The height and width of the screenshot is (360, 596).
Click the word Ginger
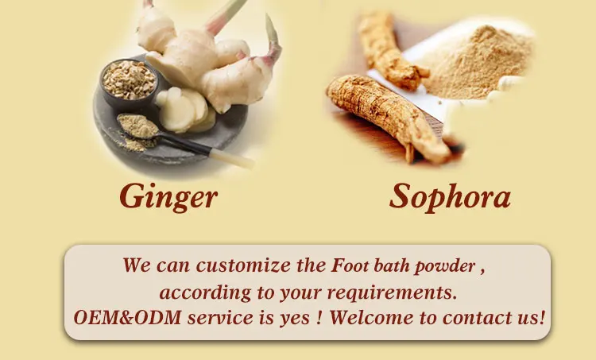pyautogui.click(x=168, y=196)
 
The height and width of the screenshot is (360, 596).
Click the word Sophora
pyautogui.click(x=450, y=196)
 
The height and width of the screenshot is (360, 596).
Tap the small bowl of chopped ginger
pyautogui.click(x=129, y=83)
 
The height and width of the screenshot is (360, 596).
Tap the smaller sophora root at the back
pyautogui.click(x=389, y=49)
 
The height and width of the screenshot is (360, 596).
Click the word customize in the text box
pyautogui.click(x=243, y=265)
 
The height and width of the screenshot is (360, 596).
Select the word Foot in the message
pyautogui.click(x=350, y=265)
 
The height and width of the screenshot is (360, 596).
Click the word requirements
pyautogui.click(x=392, y=292)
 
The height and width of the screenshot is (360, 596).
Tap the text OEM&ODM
pyautogui.click(x=127, y=317)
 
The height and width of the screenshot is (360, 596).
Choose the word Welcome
pyautogui.click(x=371, y=317)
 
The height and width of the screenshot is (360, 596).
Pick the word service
pyautogui.click(x=220, y=318)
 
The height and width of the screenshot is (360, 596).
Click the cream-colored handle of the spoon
pyautogui.click(x=233, y=158)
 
